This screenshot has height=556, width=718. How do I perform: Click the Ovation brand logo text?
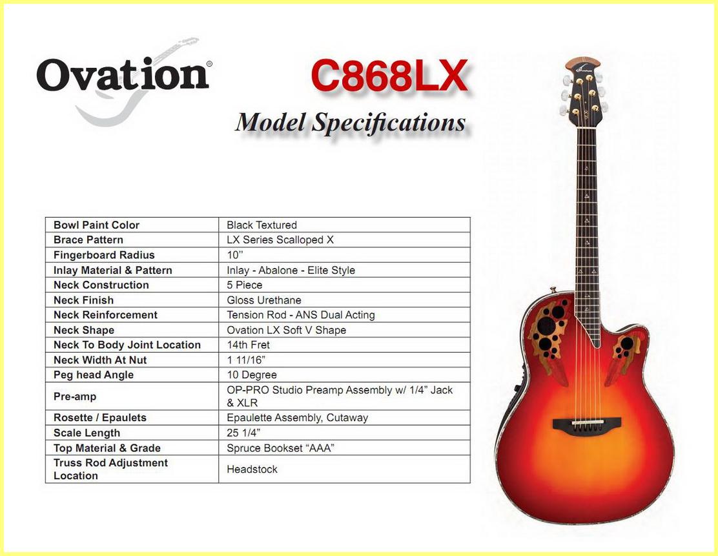pos(123,75)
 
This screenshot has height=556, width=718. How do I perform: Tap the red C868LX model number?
pos(389,76)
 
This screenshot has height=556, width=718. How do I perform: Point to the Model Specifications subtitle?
pos(351,123)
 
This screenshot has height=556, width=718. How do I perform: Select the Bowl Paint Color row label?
pos(96,225)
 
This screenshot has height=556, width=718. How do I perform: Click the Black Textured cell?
pos(262,225)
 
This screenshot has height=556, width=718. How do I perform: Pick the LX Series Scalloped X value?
pos(280,240)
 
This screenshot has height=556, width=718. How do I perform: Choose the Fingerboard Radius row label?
pos(104,255)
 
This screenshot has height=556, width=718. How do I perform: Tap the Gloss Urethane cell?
pos(263,300)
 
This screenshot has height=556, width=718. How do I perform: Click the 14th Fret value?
pos(248,345)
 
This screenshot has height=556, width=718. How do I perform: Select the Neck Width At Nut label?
pos(100,360)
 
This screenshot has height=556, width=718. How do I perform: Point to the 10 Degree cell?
pos(252,375)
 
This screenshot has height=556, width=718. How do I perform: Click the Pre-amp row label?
pos(75,396)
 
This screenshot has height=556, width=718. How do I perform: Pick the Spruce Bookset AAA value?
pos(280,448)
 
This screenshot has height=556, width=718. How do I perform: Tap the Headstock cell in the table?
pos(252,469)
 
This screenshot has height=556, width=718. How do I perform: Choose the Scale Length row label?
pos(87,433)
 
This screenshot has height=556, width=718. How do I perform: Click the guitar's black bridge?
pos(586,424)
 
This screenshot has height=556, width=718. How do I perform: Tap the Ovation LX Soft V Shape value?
pos(286,330)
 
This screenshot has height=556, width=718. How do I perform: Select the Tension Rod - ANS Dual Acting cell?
pos(301,315)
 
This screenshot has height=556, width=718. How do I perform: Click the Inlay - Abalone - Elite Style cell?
pos(291,270)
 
